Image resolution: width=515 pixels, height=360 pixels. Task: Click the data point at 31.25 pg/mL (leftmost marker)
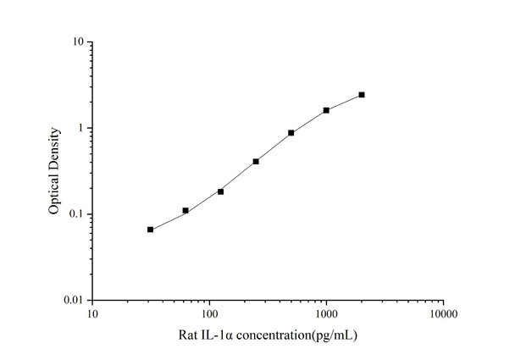[x=150, y=230]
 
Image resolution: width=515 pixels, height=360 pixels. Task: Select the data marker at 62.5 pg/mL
[x=186, y=210]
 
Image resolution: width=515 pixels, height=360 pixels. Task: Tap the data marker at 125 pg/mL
[x=221, y=191]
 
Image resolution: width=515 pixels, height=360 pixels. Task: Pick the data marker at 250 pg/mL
[x=256, y=161]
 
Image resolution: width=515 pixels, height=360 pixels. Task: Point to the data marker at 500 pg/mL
[x=291, y=133]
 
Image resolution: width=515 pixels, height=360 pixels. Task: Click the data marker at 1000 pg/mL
[x=326, y=110]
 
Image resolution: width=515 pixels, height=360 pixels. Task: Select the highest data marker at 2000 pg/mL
[x=362, y=95]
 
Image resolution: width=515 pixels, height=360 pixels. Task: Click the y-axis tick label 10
[x=77, y=42]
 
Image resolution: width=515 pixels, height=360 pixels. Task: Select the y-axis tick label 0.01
[x=74, y=301]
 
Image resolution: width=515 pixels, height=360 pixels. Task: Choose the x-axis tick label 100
[x=209, y=314]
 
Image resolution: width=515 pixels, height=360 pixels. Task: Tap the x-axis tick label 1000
[x=326, y=314]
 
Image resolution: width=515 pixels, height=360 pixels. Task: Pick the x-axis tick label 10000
[x=443, y=314]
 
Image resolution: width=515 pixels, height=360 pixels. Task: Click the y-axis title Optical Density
[x=55, y=171]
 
